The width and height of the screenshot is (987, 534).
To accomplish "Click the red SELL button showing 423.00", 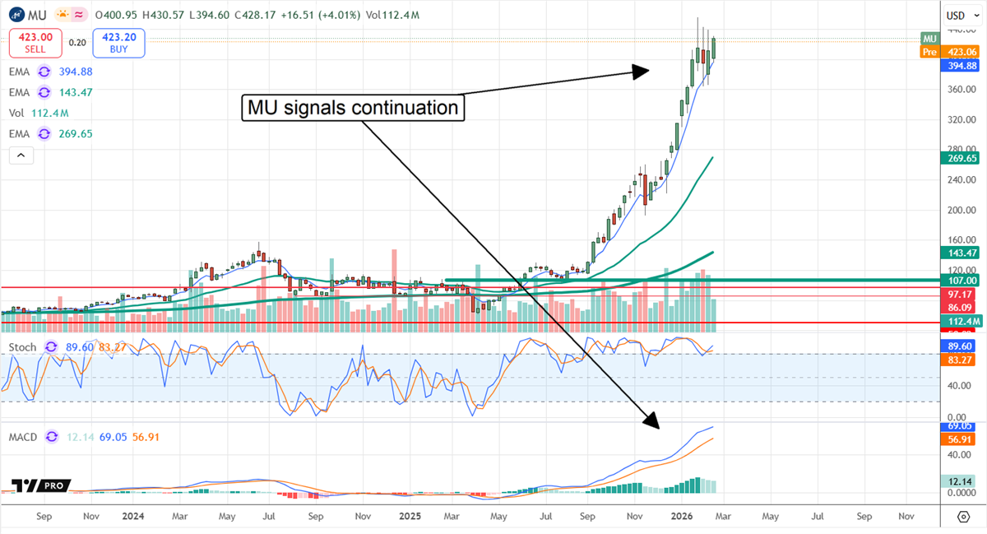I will tap(35, 43).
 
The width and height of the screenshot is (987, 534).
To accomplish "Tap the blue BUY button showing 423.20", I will tap(118, 43).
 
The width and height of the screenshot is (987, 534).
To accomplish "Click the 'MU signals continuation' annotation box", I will tap(353, 108).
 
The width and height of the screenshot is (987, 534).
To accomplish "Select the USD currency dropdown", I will tap(958, 16).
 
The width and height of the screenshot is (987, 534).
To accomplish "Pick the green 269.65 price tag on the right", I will tap(960, 157).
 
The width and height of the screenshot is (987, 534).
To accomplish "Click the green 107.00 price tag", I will tap(960, 280).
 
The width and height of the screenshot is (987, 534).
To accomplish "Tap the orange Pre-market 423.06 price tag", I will tap(951, 51).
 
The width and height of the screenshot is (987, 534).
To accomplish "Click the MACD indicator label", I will tap(23, 437).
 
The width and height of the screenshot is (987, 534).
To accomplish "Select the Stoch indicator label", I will tap(22, 348).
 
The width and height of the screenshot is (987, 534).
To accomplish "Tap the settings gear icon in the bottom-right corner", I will tap(963, 517).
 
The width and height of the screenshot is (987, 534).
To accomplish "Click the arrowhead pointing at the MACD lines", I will tap(652, 422).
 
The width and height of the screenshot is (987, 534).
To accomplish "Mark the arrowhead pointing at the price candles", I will tap(641, 72).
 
